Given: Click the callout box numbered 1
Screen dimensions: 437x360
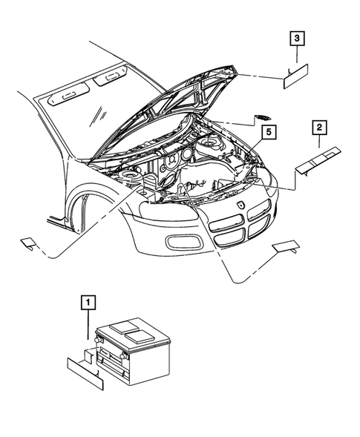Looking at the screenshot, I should click(x=88, y=303).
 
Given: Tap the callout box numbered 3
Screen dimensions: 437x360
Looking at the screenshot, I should click(x=295, y=38).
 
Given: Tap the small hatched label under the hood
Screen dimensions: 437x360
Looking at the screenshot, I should click(x=263, y=116).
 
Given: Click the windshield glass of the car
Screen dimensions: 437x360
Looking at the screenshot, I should click(x=89, y=119).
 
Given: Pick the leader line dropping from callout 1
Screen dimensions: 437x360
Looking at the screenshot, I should click(x=88, y=326).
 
